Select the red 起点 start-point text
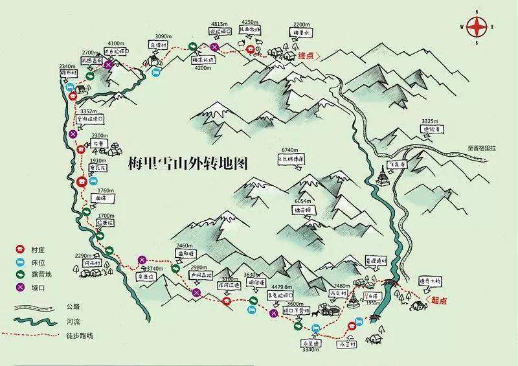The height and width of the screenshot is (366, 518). coord(439,301)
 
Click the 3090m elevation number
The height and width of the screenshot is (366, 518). coord(163,36)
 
